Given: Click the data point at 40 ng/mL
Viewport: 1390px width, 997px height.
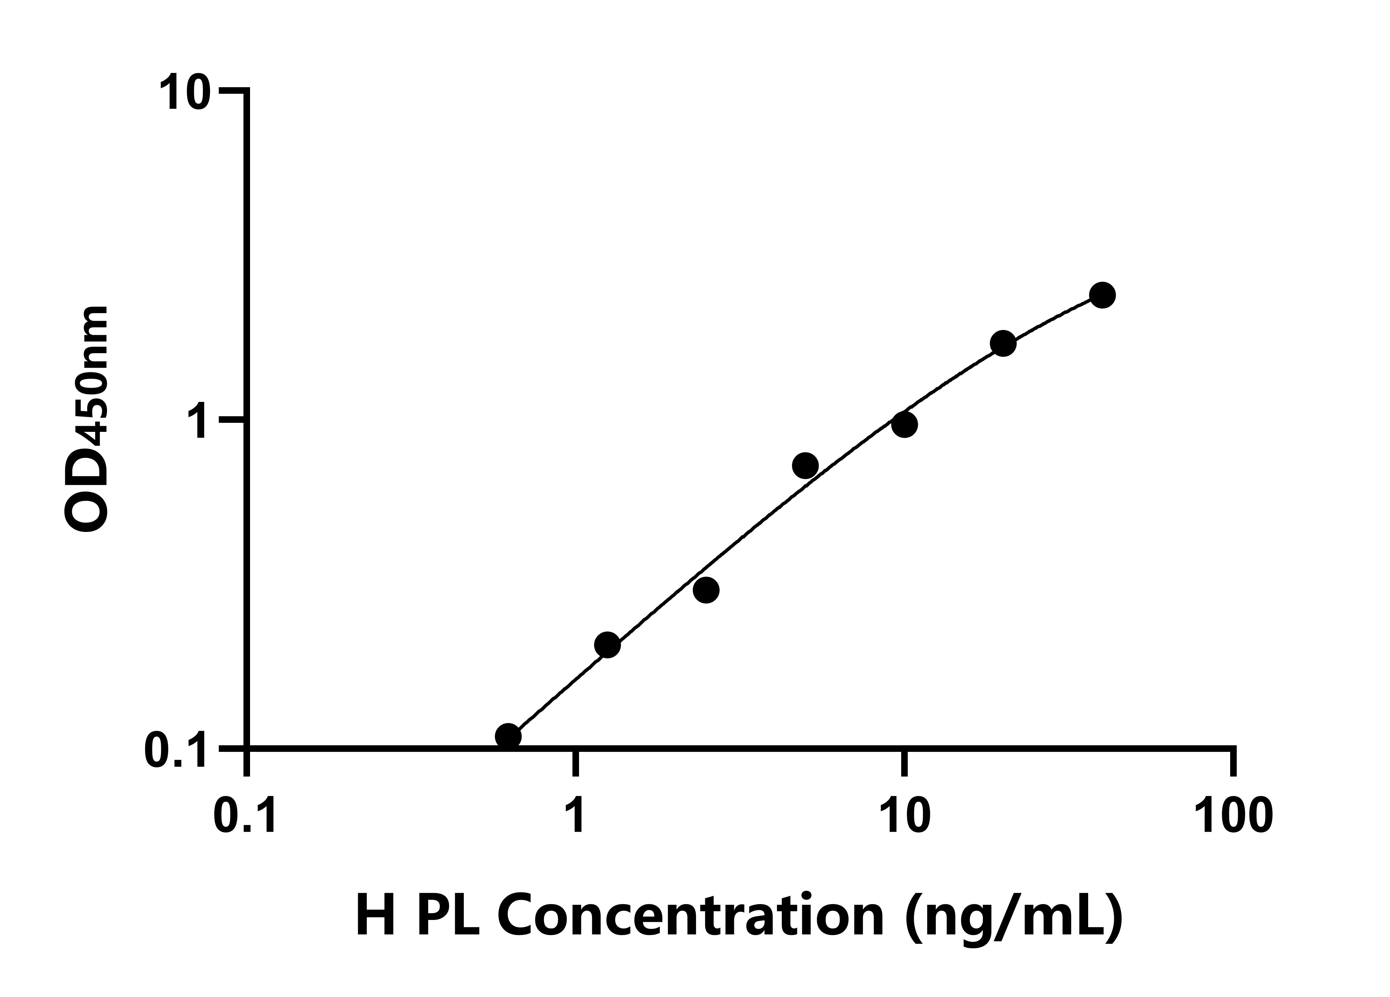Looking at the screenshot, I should (1102, 295).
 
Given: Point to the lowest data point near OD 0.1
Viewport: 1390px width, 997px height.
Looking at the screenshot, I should (508, 736).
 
